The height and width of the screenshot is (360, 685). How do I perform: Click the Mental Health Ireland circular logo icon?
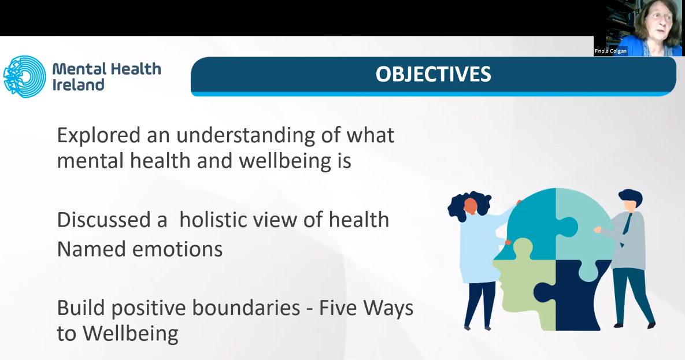(x=24, y=76)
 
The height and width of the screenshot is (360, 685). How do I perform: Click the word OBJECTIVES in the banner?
(x=434, y=75)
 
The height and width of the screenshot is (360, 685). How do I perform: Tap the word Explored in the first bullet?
(x=99, y=136)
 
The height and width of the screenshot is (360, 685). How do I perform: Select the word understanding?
(x=246, y=136)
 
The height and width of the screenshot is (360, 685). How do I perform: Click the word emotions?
(x=177, y=250)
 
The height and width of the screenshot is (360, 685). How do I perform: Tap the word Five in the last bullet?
(x=338, y=307)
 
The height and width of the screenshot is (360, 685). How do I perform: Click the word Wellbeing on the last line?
(x=131, y=334)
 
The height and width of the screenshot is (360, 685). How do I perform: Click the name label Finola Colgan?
(x=610, y=51)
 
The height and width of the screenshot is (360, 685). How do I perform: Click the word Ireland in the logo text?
(x=79, y=85)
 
